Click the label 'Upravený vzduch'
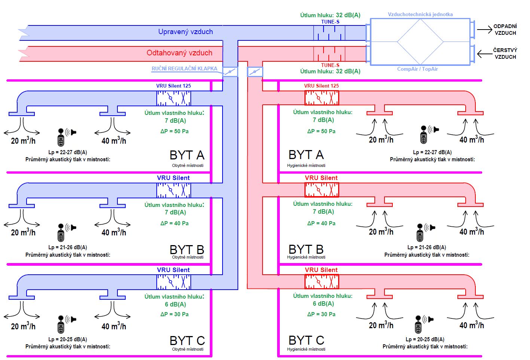click(186, 32)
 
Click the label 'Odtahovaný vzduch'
click(180, 53)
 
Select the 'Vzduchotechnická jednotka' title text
click(420, 15)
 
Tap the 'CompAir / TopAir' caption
click(417, 69)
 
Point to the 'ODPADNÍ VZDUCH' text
click(505, 30)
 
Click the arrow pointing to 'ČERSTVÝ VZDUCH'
click(485, 54)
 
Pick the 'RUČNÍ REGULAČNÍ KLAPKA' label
click(184, 68)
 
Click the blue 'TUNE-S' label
click(330, 22)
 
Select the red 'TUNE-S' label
click(330, 65)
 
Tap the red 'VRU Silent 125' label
click(321, 86)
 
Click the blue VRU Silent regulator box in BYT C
click(174, 282)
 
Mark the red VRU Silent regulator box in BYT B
click(322, 190)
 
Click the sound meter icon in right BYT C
click(419, 324)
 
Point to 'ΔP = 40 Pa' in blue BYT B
click(174, 223)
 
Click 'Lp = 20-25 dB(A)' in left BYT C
click(68, 339)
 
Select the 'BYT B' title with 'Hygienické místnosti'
click(306, 249)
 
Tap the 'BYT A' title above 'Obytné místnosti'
click(187, 155)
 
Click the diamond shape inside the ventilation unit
click(420, 42)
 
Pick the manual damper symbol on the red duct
click(255, 71)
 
